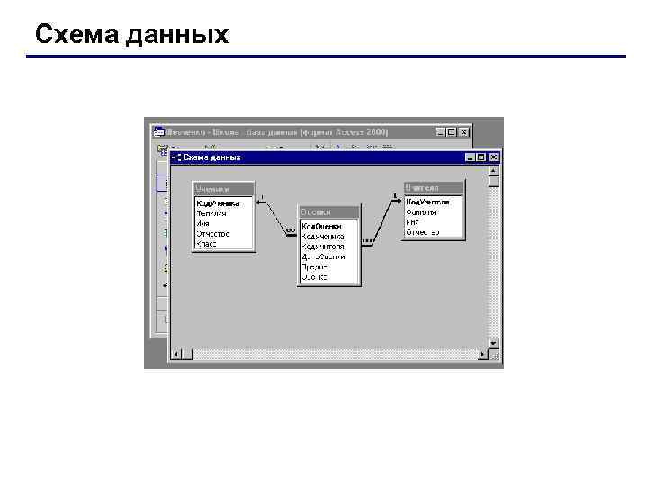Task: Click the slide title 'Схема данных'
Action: click(131, 35)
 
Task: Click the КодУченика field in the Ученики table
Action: click(219, 203)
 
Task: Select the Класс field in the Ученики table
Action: click(207, 244)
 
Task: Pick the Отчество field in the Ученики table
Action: click(213, 234)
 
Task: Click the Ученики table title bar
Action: click(223, 189)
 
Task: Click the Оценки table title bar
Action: click(328, 212)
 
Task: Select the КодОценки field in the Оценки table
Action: click(321, 226)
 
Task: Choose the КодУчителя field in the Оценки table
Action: click(323, 246)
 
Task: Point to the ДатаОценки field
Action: click(323, 256)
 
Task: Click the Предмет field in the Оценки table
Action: click(317, 266)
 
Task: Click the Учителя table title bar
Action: click(434, 187)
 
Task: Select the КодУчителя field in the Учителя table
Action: click(427, 202)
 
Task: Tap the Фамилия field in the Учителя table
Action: click(421, 212)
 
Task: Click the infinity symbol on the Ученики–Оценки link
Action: click(290, 230)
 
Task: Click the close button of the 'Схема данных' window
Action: click(493, 157)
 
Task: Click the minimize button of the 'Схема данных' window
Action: click(470, 157)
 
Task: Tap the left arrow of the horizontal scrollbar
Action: click(176, 355)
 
